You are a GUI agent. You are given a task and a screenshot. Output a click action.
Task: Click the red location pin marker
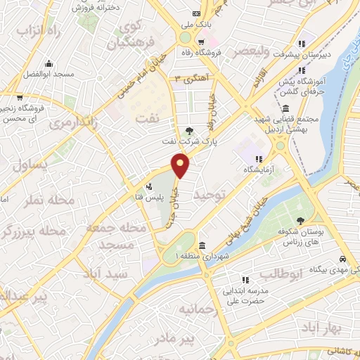click(x=181, y=167)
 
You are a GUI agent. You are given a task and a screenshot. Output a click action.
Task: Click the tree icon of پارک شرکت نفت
click(x=188, y=130)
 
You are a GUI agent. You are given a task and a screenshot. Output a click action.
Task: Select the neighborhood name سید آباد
click(x=103, y=271)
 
